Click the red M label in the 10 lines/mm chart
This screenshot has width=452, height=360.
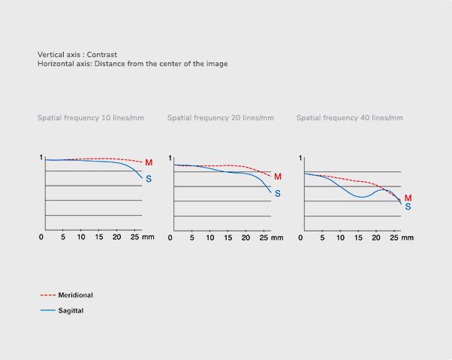coord(149,162)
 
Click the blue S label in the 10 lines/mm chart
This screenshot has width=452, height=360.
coord(149,178)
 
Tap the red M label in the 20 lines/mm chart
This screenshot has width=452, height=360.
coord(277,177)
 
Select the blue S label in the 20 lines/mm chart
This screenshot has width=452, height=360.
coord(277,193)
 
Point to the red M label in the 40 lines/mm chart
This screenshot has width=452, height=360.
coord(408,198)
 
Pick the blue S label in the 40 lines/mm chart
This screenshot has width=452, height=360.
coord(408,207)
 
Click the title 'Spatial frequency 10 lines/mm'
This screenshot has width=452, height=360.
coord(91,118)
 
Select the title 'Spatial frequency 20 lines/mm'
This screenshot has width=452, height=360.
coord(221,118)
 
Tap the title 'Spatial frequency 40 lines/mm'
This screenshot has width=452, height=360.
coord(350,118)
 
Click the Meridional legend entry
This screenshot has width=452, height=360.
coord(75,295)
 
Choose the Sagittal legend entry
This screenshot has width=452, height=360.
coord(71,310)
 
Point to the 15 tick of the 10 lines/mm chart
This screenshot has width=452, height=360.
coord(99,237)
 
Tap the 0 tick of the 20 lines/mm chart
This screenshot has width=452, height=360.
coord(170,237)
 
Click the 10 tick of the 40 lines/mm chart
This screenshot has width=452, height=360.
coord(341,237)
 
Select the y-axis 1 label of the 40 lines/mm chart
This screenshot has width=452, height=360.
coord(300,159)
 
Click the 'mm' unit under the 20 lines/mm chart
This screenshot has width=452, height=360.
coord(277,237)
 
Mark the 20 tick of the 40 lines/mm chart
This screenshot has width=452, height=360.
coord(378,237)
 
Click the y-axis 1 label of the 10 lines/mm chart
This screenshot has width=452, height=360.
coord(41,158)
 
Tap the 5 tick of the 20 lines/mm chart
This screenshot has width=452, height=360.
coord(192,237)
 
